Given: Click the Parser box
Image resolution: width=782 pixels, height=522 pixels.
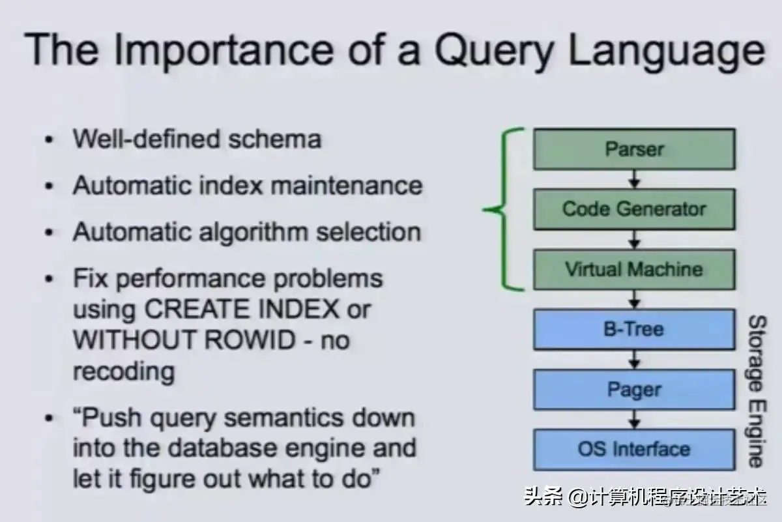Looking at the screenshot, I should tap(633, 149).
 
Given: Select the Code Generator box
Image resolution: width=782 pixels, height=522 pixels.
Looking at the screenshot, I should tap(633, 209).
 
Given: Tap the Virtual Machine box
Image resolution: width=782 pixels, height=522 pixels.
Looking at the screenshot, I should tap(633, 269).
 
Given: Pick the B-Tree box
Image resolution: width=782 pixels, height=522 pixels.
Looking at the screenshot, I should tap(633, 329).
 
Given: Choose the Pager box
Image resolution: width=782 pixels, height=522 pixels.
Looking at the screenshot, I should tap(633, 390).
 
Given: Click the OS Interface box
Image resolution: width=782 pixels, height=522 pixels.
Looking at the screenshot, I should tap(633, 449).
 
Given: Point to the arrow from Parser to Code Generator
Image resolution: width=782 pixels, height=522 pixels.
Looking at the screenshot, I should tap(634, 179).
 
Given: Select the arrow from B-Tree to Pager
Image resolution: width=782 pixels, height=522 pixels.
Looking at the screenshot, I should tap(634, 359).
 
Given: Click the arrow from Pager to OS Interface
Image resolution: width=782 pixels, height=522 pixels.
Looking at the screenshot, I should tap(634, 419).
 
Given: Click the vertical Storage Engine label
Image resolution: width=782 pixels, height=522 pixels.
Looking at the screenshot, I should tap(756, 391).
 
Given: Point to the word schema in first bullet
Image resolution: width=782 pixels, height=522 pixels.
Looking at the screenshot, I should tap(280, 139).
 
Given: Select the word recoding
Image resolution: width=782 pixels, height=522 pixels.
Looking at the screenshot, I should tap(123, 371).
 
